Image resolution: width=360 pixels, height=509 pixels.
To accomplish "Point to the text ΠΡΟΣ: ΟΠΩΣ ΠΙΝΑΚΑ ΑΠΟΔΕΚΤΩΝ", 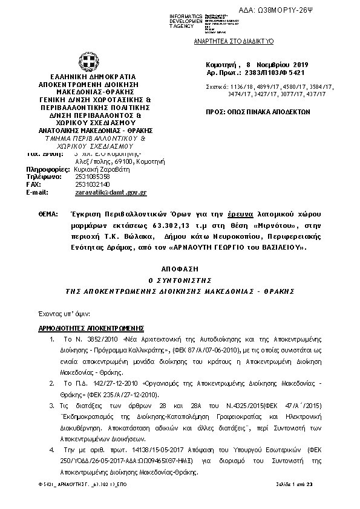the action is [x=258, y=111].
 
